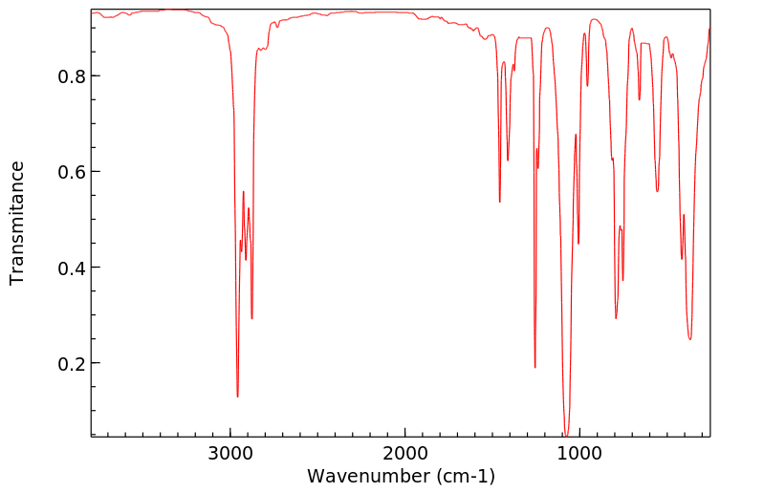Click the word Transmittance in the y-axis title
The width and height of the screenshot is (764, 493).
(17, 223)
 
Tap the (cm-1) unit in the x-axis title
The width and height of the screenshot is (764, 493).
(462, 476)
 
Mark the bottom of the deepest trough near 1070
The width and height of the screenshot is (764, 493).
(566, 435)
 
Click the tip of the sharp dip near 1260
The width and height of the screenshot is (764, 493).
(535, 367)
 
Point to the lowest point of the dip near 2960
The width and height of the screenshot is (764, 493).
(237, 397)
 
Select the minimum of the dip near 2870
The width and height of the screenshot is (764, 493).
(251, 318)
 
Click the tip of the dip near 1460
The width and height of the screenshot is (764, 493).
(500, 202)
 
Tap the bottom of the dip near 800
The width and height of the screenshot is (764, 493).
(616, 318)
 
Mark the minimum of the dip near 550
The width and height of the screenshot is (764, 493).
(657, 191)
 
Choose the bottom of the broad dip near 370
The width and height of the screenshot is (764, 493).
(689, 338)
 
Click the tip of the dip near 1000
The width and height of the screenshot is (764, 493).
(578, 244)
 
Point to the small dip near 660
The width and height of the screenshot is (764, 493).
(639, 99)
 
